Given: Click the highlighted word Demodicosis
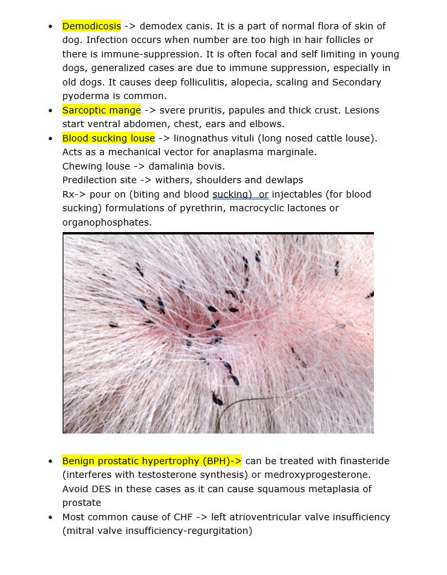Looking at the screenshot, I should pyautogui.click(x=91, y=26).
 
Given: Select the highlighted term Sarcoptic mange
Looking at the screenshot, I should pyautogui.click(x=101, y=110).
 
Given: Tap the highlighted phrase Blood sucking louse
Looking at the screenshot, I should pyautogui.click(x=108, y=138).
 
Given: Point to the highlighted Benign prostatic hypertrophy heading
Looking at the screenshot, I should pyautogui.click(x=151, y=461).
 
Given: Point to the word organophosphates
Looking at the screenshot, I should pyautogui.click(x=107, y=222).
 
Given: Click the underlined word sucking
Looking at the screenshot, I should pyautogui.click(x=232, y=194).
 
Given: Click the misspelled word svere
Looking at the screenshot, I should pyautogui.click(x=173, y=110).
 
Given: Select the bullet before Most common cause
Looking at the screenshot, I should pyautogui.click(x=50, y=518).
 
